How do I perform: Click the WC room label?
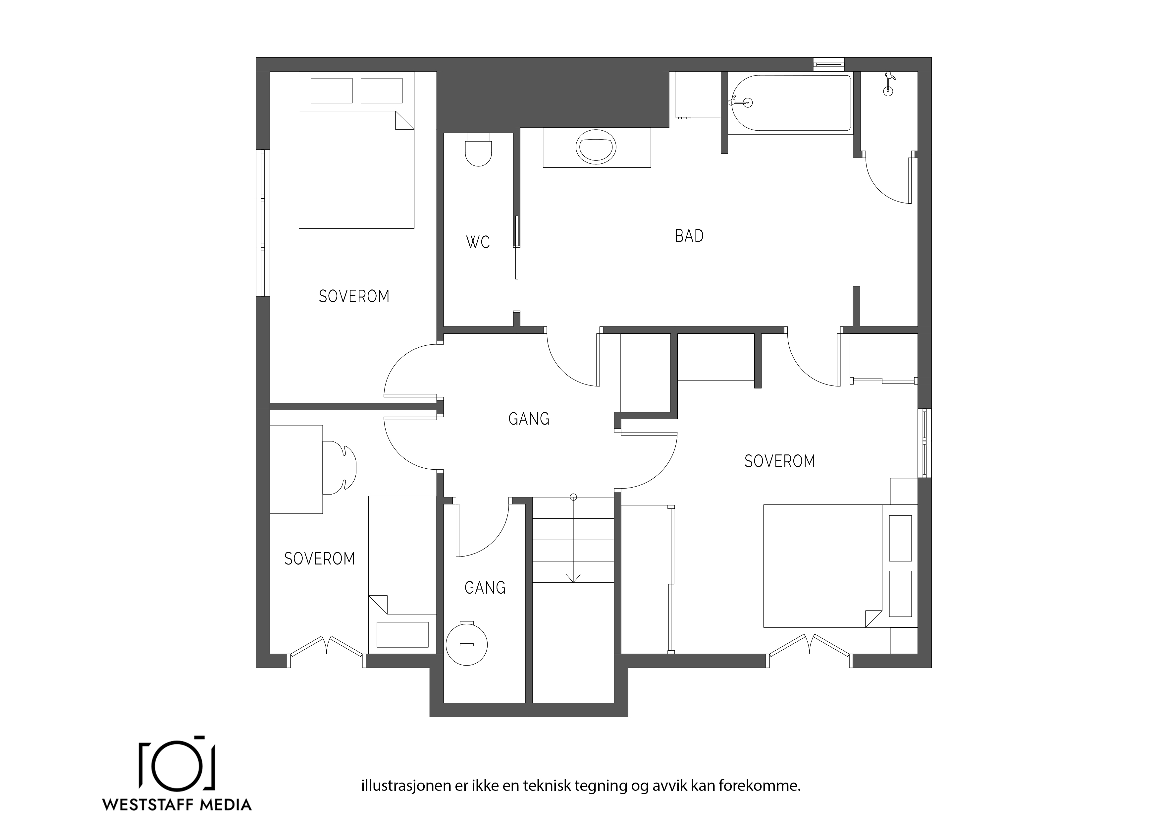point(478,242)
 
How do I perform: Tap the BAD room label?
point(689,236)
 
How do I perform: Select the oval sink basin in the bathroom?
point(596,147)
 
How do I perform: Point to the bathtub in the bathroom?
point(790,103)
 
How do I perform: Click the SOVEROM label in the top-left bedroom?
point(354,297)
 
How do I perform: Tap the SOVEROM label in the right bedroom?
point(779,461)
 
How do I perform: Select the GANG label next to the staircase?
point(485,588)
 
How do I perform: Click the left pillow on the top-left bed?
point(332,90)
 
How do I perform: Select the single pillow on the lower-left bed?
point(402,634)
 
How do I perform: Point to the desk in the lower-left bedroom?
point(296,469)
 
